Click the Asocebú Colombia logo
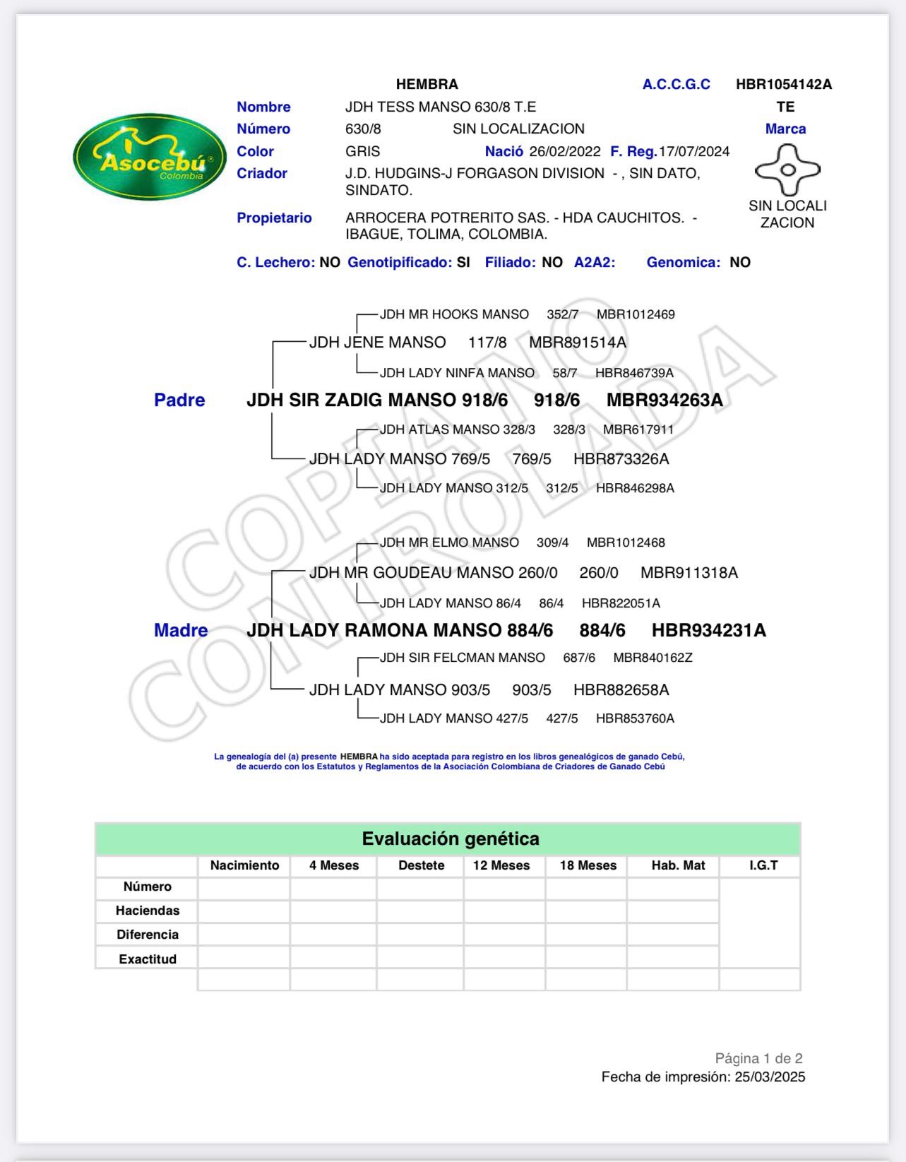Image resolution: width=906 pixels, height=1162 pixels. [150, 157]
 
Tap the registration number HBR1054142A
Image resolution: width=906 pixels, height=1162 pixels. [784, 85]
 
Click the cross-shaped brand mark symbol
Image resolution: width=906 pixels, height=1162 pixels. [787, 170]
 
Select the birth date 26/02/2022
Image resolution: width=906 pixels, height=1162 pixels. [565, 152]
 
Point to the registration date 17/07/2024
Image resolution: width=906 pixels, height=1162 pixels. [694, 152]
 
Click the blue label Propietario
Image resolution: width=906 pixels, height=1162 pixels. [274, 218]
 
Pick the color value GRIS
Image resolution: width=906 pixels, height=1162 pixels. [362, 152]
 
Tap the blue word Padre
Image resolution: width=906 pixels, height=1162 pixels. [179, 401]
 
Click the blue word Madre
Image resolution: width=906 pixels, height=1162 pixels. [181, 631]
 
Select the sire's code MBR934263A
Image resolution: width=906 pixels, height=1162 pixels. [664, 401]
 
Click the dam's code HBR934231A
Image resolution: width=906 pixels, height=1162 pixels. [708, 631]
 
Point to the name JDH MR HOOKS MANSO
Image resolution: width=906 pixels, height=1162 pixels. [454, 314]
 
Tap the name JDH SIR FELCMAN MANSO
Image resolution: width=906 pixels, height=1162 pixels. [463, 658]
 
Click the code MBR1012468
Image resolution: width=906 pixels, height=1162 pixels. [626, 543]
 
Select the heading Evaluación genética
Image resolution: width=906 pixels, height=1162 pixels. [451, 839]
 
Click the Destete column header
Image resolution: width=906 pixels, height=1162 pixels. [421, 865]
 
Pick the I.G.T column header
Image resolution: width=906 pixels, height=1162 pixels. [763, 865]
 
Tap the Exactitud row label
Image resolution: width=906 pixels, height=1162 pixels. [148, 959]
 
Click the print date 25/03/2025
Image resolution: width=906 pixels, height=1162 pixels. [770, 1077]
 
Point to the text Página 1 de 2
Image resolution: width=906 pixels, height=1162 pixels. [758, 1058]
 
